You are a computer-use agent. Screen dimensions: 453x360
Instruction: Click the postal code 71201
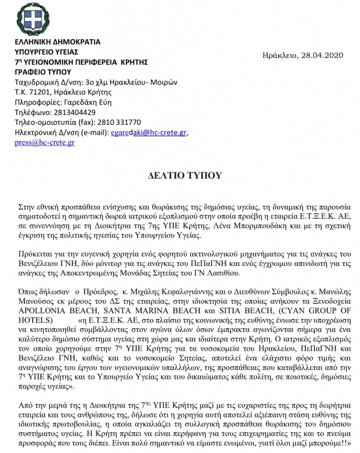pyautogui.click(x=38, y=92)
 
